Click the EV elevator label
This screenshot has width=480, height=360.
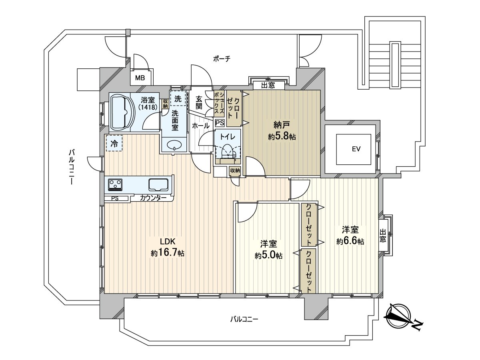pos(356,149)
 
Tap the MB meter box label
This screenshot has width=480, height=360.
pos(140,78)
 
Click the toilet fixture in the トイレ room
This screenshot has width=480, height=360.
pos(228,152)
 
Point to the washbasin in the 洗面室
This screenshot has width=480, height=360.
pos(174,145)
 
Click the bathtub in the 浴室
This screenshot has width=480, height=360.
pos(123,112)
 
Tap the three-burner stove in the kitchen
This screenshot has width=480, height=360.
pos(115,184)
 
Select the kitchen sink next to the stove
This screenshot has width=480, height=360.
pos(159,185)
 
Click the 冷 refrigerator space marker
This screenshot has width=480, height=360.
pos(114,143)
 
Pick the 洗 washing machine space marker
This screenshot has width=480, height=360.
pos(178,98)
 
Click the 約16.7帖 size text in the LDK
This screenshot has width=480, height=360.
pos(168,253)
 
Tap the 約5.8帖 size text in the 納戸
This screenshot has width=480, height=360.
pos(282,137)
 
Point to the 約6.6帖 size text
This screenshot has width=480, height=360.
pos(350,241)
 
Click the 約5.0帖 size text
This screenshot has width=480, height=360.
pos(268,256)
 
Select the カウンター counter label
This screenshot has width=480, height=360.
pos(153,198)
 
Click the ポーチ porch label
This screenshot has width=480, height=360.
pos(222,59)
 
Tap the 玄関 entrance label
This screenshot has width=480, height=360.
pos(199,102)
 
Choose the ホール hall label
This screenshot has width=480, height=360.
pos(201,126)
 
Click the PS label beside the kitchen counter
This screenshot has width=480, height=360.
pos(115,198)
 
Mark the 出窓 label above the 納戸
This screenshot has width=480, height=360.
pos(268,86)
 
